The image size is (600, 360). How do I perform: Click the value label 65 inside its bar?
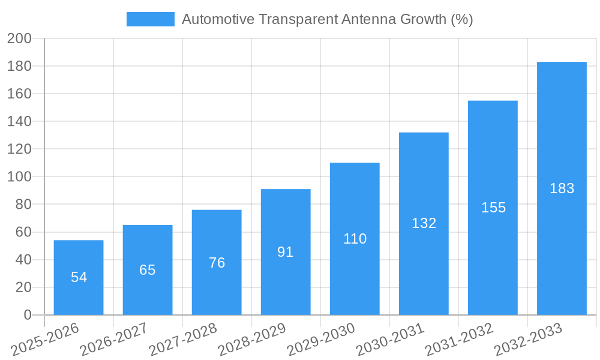(x=148, y=270)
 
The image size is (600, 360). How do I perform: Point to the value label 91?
(x=286, y=252)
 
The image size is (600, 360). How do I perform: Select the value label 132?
(x=424, y=223)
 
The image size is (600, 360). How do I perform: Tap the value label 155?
(x=493, y=208)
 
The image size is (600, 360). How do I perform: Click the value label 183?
(x=562, y=188)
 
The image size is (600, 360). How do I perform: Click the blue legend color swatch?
(x=150, y=19)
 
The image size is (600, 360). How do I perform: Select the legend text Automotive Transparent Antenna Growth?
(x=327, y=19)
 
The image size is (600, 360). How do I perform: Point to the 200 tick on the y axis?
(x=19, y=38)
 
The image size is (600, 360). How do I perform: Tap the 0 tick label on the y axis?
(x=27, y=315)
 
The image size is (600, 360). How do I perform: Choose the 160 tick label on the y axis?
(x=19, y=94)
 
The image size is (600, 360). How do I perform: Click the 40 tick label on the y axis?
(x=23, y=260)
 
